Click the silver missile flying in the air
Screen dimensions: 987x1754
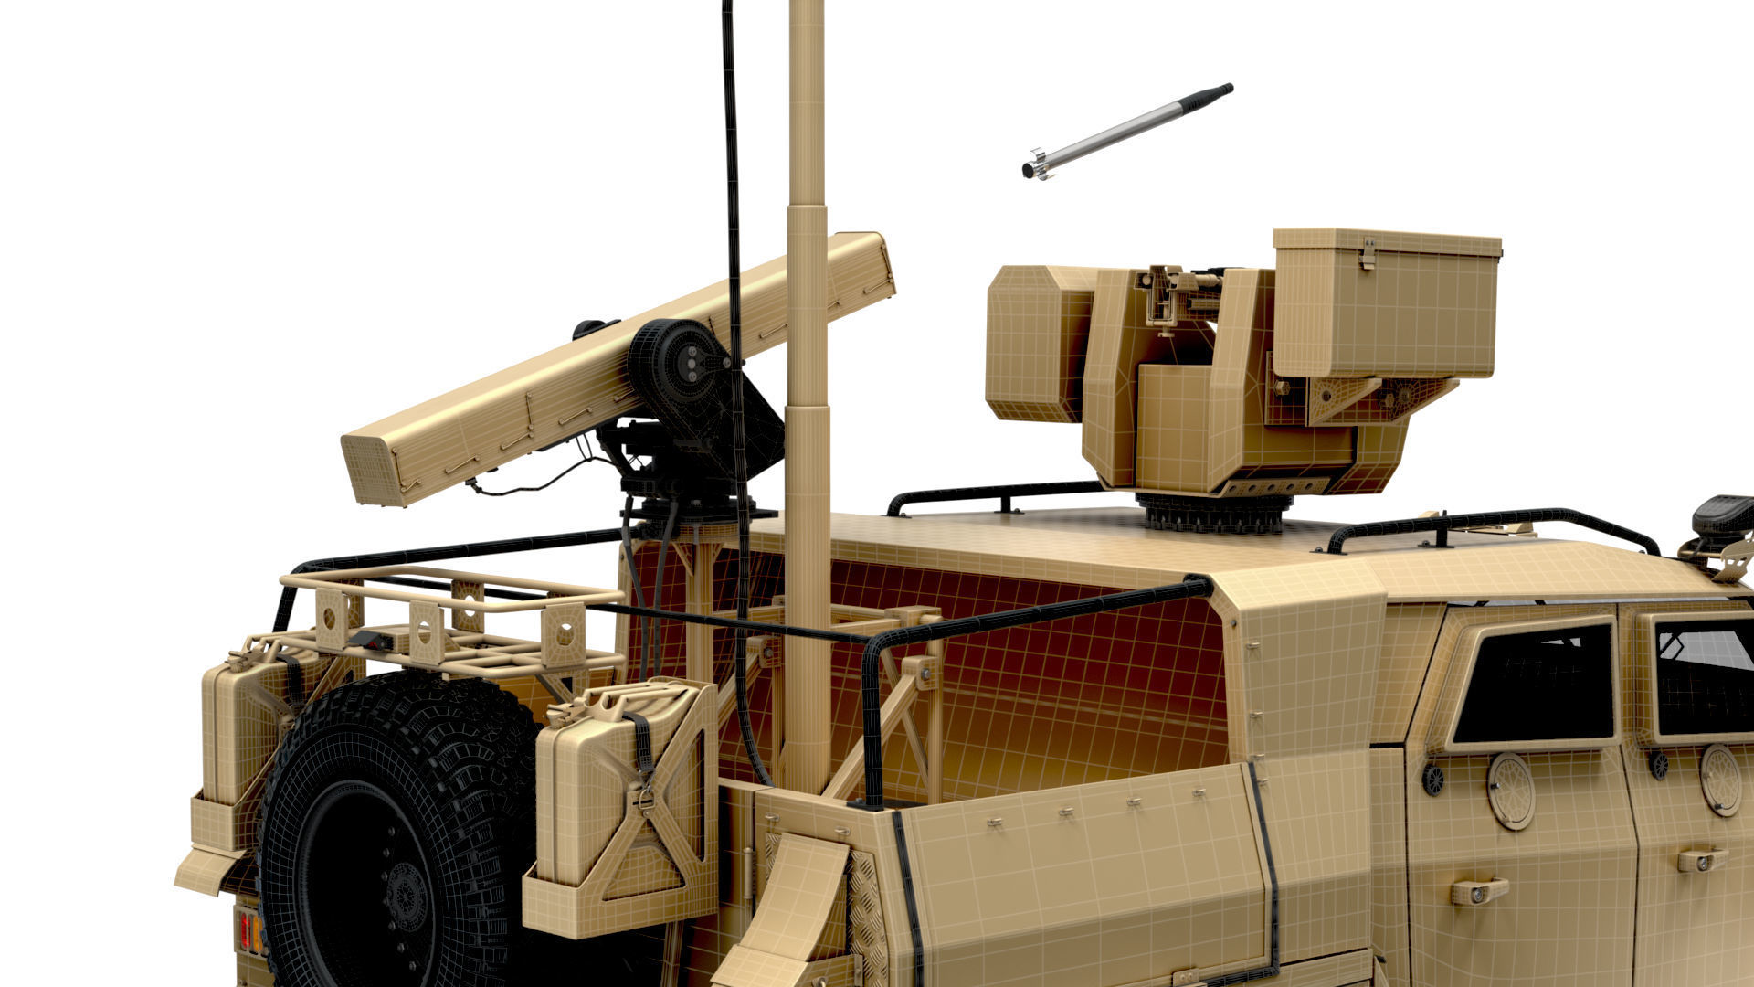[1129, 130]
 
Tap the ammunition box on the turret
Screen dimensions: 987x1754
[1383, 302]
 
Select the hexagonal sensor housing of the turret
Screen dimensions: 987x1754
[1037, 343]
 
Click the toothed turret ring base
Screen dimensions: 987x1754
[1213, 514]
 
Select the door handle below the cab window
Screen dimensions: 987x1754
[1478, 891]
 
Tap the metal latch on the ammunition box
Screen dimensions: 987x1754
[1367, 252]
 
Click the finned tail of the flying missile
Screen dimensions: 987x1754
[1036, 164]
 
